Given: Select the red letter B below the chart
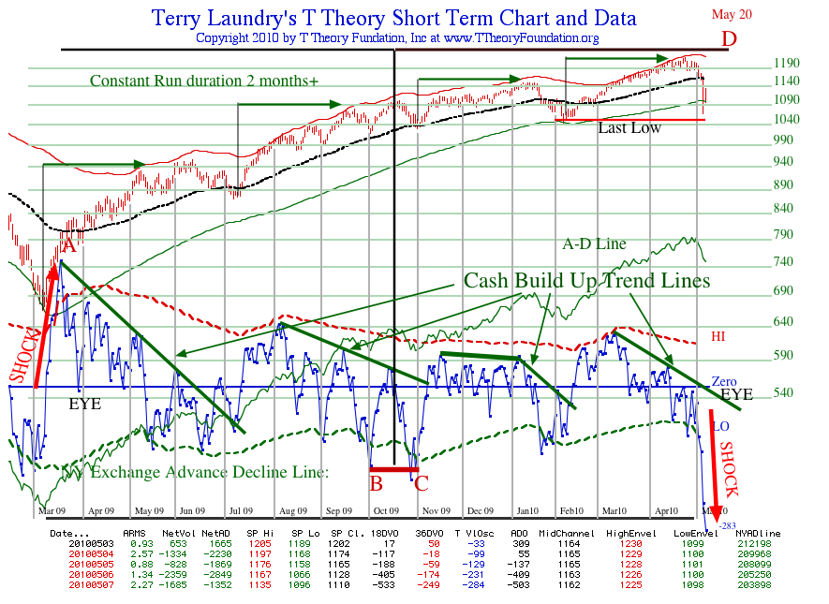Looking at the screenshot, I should pos(376,483).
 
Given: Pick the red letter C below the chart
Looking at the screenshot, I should pos(422,483).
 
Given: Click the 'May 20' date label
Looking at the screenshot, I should pos(732,14).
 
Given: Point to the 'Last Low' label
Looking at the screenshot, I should pos(629,127).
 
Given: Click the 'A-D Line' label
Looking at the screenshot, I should pos(594,244).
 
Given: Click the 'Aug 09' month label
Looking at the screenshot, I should pos(293,511).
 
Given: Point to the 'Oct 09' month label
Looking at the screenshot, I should pos(385,511).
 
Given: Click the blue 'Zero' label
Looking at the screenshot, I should pos(724,382).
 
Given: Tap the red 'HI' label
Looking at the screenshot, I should pos(718,335).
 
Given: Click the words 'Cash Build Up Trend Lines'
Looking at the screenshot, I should pos(587,280).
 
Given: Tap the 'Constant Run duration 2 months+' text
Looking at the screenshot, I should pos(204,81).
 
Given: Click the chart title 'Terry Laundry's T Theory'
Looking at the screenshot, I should pos(393,18).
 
